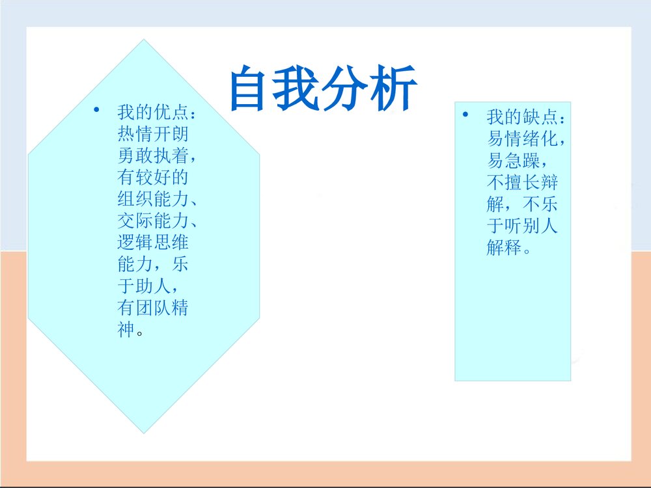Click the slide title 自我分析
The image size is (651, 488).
tap(323, 88)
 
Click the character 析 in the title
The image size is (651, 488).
tap(393, 88)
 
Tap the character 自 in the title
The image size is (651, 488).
tap(252, 88)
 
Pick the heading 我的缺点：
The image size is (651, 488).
tap(528, 117)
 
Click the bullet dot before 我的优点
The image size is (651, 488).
tap(96, 110)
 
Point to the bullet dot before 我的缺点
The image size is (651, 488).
tap(465, 115)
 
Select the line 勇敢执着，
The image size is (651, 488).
tap(156, 156)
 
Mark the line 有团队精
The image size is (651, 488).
tap(153, 308)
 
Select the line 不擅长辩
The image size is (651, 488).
tap(522, 183)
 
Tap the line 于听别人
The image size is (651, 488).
tap(522, 226)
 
